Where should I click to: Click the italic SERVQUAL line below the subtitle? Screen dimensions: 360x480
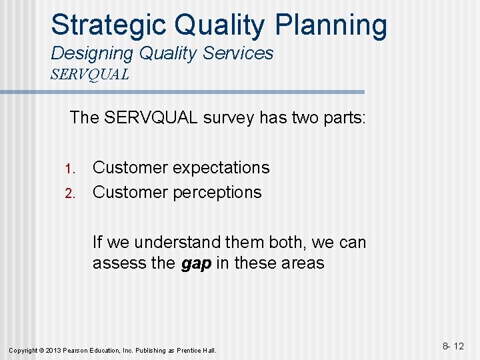[x=89, y=74]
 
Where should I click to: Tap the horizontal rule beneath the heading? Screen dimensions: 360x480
[x=207, y=92]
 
